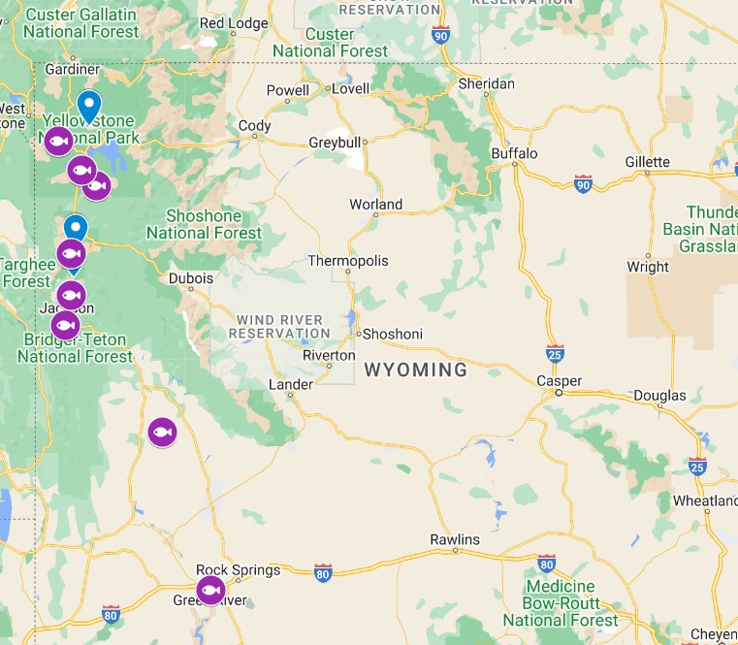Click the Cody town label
coord(255,126)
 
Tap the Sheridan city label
coord(486,84)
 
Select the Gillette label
coord(648,162)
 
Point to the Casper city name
coord(560,381)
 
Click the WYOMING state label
coord(415,370)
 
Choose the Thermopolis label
coord(347,261)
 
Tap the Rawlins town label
coord(455,539)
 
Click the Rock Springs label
coord(238,570)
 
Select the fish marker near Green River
coord(210,590)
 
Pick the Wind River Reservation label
coord(280,326)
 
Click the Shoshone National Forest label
coord(205,224)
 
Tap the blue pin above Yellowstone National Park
coord(88,105)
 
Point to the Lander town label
coord(290,385)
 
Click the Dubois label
coord(190,278)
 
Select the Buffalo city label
coord(514,153)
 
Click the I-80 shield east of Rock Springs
coord(323,573)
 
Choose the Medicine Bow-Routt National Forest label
coord(561,602)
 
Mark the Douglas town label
coord(659,395)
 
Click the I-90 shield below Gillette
coord(583,184)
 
